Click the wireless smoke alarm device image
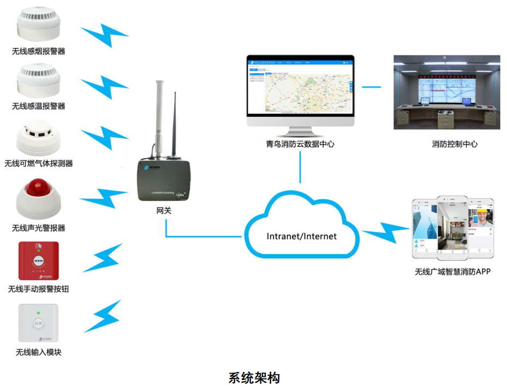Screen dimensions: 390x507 pos(38,25)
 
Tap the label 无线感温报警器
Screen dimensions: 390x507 pos(38,106)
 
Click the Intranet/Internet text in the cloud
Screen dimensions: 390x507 pos(301,237)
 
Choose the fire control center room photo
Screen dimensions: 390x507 pos(446,92)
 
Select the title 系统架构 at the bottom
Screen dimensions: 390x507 pos(254,377)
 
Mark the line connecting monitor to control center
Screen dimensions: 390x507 pos(372,86)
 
